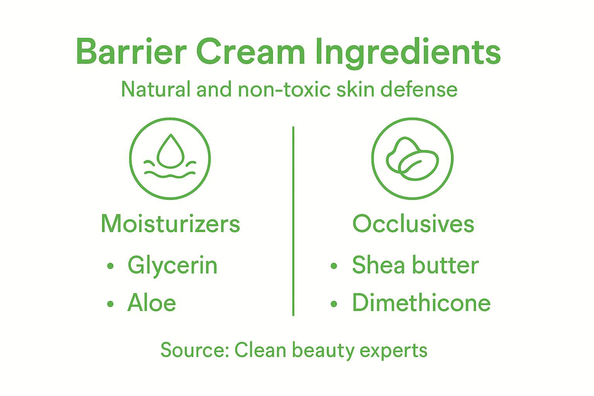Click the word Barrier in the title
pyautogui.click(x=131, y=51)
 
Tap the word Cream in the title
pyautogui.click(x=251, y=51)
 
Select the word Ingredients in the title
pyautogui.click(x=408, y=52)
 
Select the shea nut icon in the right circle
pyautogui.click(x=412, y=159)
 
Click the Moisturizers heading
pyautogui.click(x=170, y=224)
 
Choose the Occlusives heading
pyautogui.click(x=413, y=224)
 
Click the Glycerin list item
pyautogui.click(x=172, y=266)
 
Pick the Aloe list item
pyautogui.click(x=152, y=303)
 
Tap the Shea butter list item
pyautogui.click(x=415, y=265)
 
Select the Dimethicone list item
pyautogui.click(x=421, y=303)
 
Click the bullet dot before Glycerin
pyautogui.click(x=111, y=266)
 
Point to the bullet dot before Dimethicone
pyautogui.click(x=334, y=304)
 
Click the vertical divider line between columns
pyautogui.click(x=293, y=220)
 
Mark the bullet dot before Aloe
pyautogui.click(x=111, y=304)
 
